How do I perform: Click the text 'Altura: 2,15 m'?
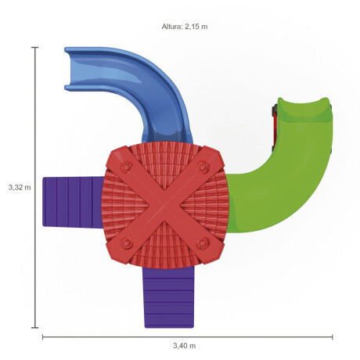(185, 27)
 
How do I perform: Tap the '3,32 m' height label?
(20, 187)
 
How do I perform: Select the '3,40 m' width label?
(185, 346)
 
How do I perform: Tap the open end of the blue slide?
(68, 69)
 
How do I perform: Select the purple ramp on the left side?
(73, 201)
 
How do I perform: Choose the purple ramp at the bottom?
(169, 297)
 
